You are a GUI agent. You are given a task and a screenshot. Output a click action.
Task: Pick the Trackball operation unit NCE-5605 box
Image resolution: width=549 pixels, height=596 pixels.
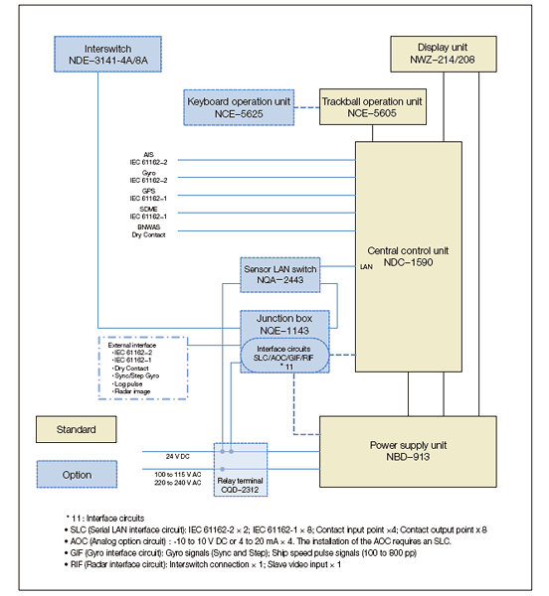(x=372, y=106)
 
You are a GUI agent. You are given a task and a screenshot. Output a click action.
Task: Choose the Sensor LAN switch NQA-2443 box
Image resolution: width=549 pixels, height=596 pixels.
(x=279, y=275)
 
